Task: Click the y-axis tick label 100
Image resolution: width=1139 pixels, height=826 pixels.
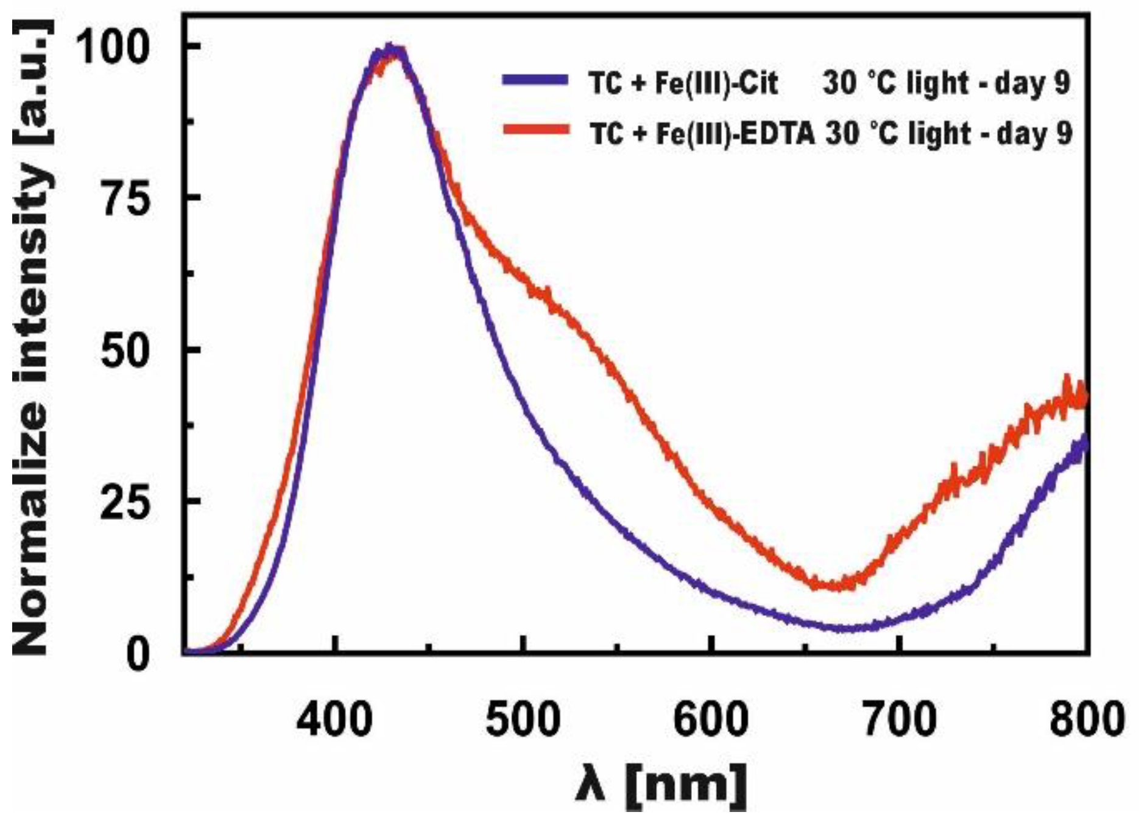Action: click(113, 48)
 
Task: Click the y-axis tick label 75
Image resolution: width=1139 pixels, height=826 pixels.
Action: click(127, 199)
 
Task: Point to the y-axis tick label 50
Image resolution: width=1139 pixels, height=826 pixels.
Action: click(127, 351)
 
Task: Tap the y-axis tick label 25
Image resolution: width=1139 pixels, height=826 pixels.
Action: click(127, 503)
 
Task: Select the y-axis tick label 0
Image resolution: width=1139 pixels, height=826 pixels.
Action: click(138, 655)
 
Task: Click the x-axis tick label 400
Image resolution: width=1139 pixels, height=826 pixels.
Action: click(334, 720)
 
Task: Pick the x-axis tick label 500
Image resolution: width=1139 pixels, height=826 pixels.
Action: click(523, 720)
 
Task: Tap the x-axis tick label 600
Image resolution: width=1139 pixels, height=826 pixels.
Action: click(710, 720)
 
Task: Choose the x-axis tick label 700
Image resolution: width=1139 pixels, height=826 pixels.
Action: click(898, 720)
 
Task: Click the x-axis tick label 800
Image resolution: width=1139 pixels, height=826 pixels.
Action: click(1085, 720)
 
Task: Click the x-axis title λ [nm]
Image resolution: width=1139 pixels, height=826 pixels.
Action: click(661, 785)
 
